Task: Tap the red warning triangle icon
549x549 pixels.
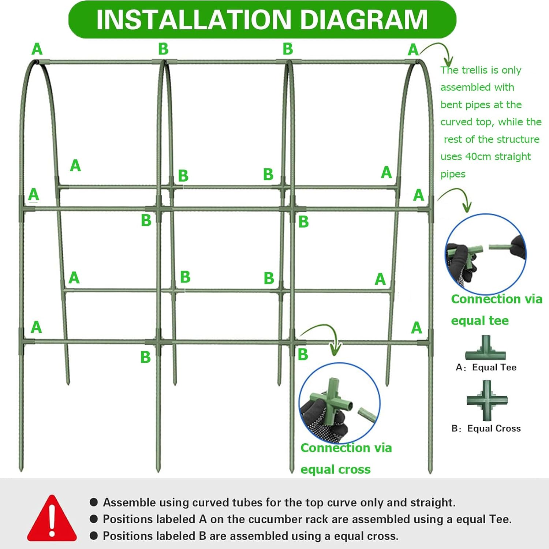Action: [52, 519]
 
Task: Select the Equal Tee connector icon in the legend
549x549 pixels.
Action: [485, 349]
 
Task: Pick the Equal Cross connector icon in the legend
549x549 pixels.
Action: [487, 400]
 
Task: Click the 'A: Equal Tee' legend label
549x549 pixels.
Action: [486, 367]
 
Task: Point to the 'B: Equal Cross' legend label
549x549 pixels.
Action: [486, 429]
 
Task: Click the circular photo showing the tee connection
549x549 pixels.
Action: [486, 254]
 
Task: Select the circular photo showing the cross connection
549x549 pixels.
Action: [339, 403]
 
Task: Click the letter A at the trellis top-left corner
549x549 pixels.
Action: [37, 49]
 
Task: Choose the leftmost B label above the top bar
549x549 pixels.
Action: [163, 49]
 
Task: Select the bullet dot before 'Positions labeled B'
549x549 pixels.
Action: [94, 536]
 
